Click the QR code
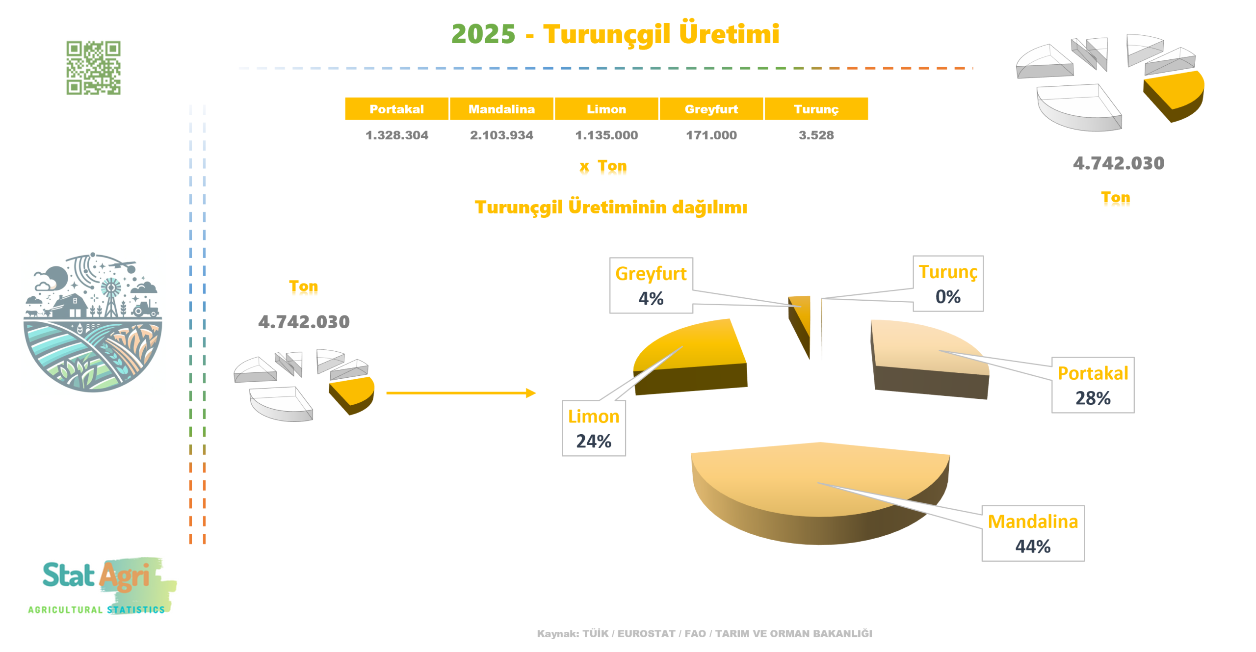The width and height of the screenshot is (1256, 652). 93,68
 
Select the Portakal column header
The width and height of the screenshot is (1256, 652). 396,109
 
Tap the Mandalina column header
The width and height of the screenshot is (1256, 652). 501,109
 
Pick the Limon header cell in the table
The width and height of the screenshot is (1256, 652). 606,109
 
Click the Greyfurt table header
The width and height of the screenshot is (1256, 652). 711,109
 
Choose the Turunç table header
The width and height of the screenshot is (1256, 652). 816,109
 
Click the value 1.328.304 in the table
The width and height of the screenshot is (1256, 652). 396,135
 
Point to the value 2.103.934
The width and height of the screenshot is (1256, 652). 501,135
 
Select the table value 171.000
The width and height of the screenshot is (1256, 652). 711,135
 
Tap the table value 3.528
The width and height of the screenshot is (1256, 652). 816,135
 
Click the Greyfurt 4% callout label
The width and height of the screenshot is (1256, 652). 651,286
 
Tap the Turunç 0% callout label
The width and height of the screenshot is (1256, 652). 947,284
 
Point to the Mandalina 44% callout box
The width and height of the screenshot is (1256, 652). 1032,533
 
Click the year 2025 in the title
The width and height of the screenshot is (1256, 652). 483,34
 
